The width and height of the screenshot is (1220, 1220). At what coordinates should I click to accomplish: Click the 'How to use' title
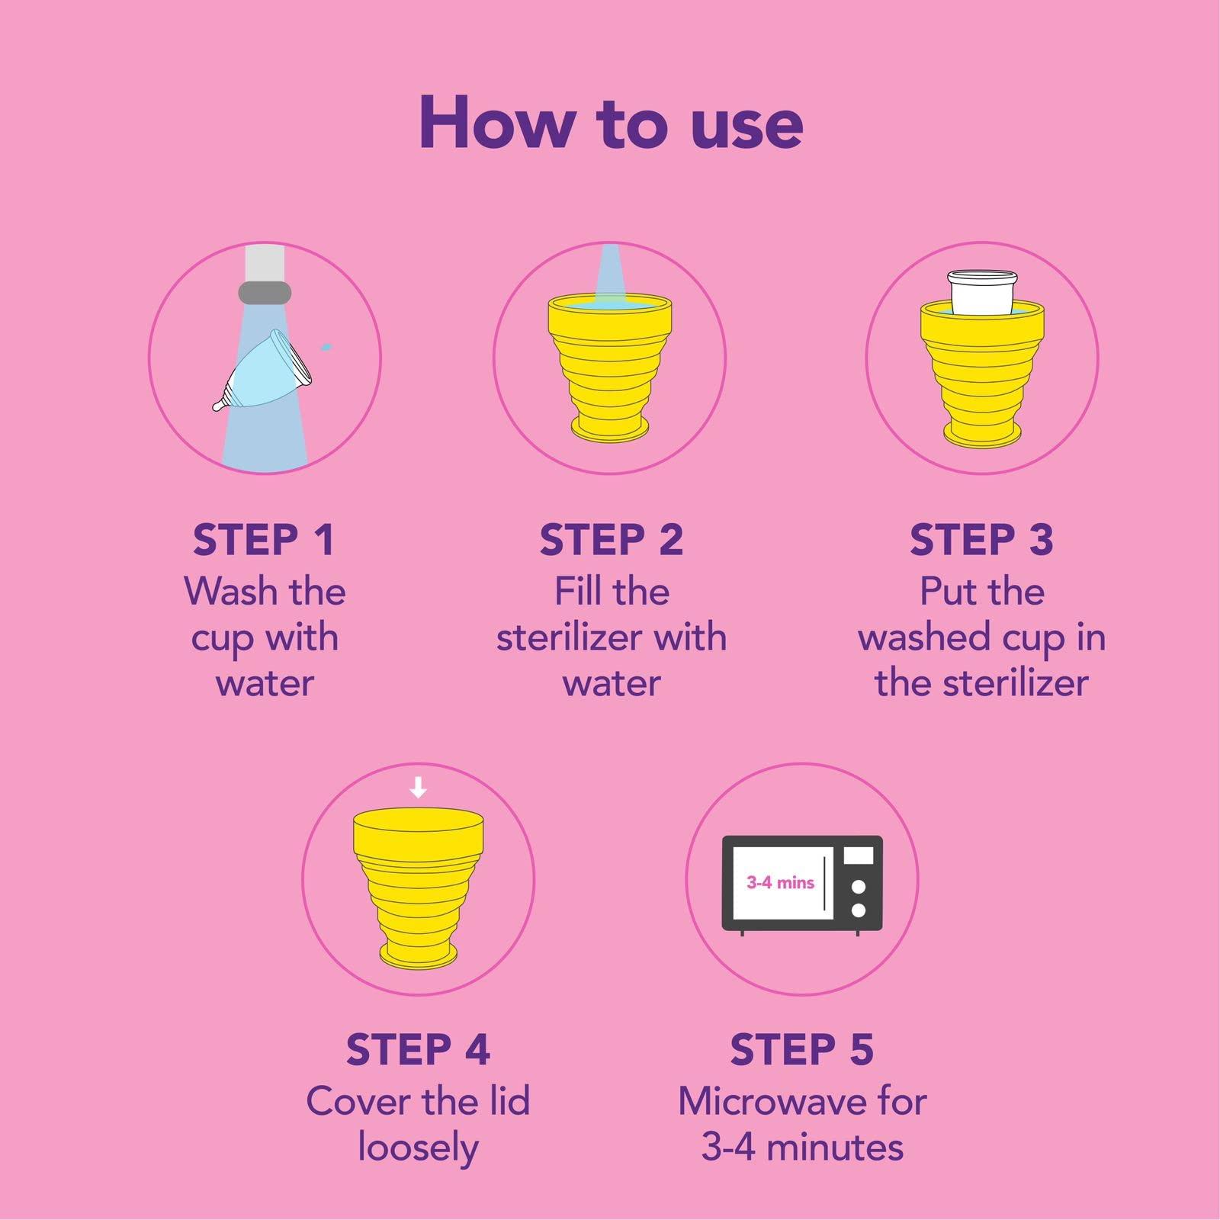(610, 124)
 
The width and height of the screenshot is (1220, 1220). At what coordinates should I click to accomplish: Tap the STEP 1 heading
(264, 540)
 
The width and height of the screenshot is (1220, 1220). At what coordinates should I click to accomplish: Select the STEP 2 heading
(611, 540)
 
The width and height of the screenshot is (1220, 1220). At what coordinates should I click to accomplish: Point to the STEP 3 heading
(981, 540)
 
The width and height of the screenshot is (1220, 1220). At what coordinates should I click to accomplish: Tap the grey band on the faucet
(265, 292)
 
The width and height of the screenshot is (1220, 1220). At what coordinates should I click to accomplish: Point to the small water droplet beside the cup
(327, 347)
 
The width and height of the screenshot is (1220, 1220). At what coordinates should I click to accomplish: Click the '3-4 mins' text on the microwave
(780, 883)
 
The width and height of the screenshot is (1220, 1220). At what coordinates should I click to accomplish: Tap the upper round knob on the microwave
(859, 887)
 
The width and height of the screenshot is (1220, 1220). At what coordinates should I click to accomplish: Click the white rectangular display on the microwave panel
(859, 856)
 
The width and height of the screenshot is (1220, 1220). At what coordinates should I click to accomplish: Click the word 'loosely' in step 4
(418, 1148)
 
